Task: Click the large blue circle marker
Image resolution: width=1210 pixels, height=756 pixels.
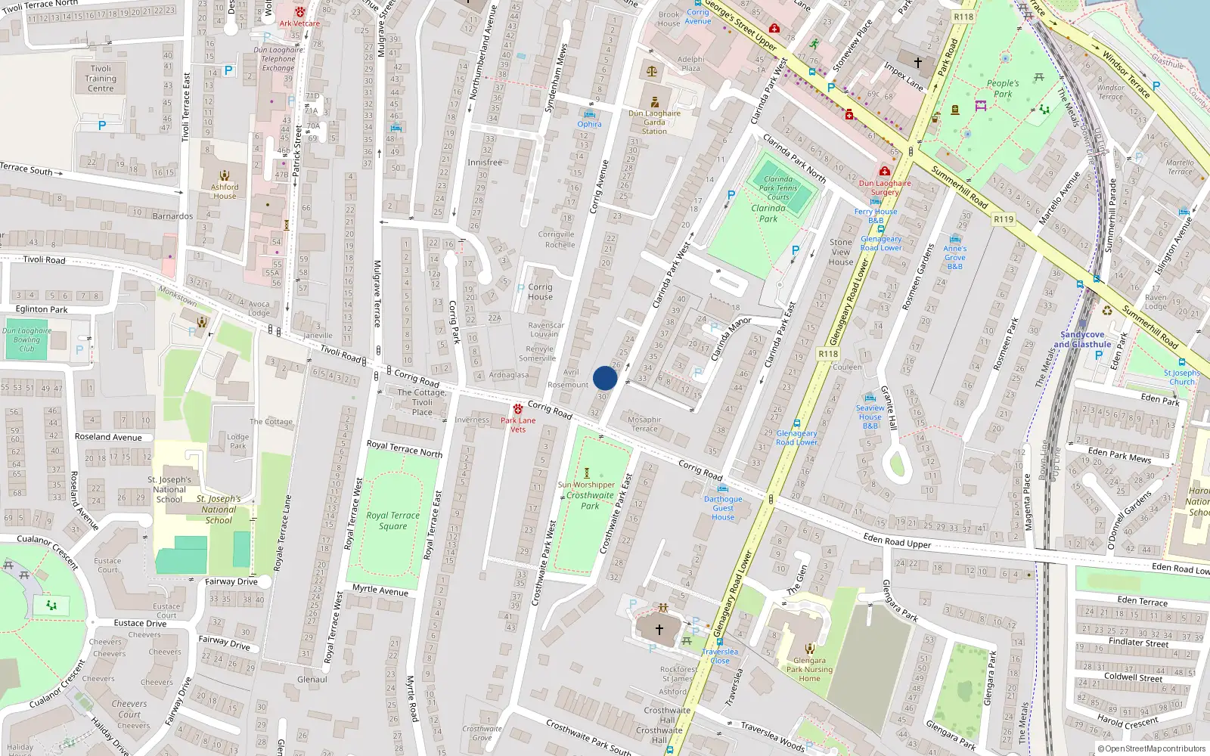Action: (605, 378)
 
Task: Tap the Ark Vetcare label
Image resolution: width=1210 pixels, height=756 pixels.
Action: (299, 23)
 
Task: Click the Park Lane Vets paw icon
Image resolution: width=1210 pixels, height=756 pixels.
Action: (518, 409)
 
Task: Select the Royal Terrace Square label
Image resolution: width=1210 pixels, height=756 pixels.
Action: (392, 521)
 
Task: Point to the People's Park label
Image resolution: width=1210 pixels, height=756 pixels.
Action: (1003, 88)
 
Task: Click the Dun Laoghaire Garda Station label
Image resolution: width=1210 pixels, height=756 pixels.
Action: (654, 122)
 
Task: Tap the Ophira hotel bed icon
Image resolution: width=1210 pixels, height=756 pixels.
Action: (590, 114)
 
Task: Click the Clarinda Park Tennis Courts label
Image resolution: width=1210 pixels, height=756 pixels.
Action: (778, 188)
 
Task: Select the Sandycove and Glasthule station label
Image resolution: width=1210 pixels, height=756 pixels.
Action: (1082, 339)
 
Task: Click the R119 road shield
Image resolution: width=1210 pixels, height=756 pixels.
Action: (1004, 219)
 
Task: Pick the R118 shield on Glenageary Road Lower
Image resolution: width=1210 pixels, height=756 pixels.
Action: (828, 354)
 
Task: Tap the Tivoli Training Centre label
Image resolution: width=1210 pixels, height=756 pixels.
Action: (101, 79)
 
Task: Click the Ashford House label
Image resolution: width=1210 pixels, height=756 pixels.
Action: (225, 191)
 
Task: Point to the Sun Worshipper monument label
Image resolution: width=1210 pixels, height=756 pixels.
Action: (586, 485)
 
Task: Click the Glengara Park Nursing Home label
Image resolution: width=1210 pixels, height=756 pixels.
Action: (809, 669)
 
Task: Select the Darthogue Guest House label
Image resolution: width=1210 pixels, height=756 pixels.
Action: (723, 508)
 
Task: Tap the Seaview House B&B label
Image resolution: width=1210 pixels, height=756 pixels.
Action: (870, 417)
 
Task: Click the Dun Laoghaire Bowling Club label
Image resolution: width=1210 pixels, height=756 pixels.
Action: (26, 339)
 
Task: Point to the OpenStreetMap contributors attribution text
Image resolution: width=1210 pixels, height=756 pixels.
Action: (1152, 749)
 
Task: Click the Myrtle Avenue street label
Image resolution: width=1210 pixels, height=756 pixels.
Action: (380, 590)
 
